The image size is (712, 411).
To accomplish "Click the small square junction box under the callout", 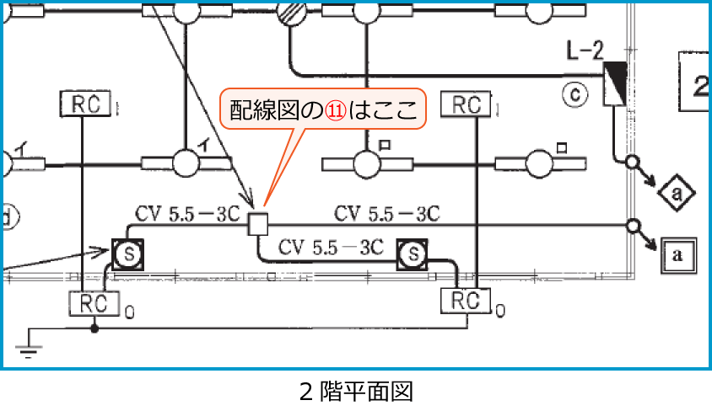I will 258,224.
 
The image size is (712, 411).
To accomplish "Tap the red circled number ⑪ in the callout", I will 337,109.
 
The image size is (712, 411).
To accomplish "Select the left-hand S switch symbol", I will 127,252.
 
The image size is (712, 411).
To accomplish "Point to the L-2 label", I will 585,51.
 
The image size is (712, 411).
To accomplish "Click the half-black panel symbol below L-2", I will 614,84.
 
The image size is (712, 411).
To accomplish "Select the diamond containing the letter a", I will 677,195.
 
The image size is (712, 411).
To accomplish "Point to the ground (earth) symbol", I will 29,347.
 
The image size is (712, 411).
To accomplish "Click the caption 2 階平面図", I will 356,392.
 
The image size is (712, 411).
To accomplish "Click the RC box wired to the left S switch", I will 94,302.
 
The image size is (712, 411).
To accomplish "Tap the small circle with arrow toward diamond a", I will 632,162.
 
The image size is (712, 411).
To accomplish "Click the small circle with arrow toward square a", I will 634,226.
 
